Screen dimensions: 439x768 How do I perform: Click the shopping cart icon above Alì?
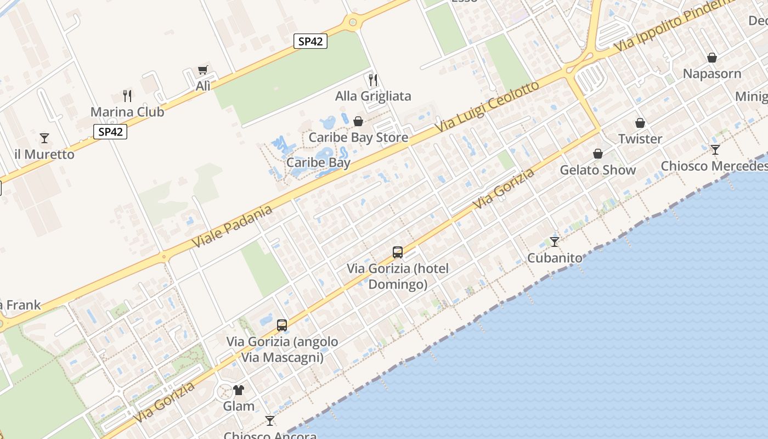click(203, 70)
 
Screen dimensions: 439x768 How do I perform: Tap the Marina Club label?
click(127, 112)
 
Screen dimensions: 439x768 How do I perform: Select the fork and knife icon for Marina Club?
click(127, 96)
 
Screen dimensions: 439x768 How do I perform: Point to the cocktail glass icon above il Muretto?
click(44, 138)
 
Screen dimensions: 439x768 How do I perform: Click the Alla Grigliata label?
click(373, 96)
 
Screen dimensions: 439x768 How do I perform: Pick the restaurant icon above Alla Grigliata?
click(373, 80)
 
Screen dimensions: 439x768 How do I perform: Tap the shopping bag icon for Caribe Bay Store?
click(358, 121)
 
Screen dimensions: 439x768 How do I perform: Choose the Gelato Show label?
click(597, 170)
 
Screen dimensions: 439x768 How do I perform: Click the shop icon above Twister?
click(640, 123)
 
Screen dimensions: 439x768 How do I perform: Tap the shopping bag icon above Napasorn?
click(712, 58)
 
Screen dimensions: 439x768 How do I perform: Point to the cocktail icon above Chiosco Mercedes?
click(715, 149)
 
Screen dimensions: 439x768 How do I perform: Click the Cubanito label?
click(555, 257)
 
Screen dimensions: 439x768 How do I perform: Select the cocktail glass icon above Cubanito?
click(555, 241)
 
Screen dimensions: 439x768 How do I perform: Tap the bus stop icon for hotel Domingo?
click(398, 252)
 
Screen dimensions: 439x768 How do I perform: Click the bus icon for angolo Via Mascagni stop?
click(282, 325)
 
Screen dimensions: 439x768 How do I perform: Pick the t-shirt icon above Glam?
click(239, 390)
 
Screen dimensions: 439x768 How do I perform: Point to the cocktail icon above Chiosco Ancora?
click(270, 421)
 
